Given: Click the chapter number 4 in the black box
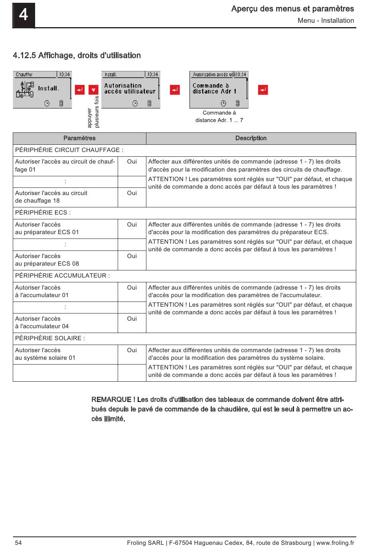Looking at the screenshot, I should coord(24,15).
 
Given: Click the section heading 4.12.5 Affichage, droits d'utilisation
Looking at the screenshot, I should coord(77,55).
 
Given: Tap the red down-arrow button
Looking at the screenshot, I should coord(93,90).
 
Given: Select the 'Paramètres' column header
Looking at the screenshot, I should coord(79,138).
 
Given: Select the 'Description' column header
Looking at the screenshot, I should coord(251,138).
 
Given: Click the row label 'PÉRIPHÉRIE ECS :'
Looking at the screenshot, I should coord(43,213).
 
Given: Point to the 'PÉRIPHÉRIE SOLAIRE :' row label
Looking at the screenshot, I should coord(50,338).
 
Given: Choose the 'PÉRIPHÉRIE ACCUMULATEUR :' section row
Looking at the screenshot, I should coord(63,276).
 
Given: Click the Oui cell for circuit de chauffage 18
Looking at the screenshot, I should coord(132,193).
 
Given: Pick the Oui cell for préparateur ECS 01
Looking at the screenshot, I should coord(132,225).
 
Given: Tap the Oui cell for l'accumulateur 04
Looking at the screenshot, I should coord(132,319).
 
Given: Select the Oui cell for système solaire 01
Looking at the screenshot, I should coord(132,350).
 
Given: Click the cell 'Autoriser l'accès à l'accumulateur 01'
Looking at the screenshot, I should coord(42,292).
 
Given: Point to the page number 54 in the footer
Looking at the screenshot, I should coord(18,543).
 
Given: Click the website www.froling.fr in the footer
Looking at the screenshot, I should coord(335,543).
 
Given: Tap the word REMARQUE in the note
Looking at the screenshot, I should coord(111,400).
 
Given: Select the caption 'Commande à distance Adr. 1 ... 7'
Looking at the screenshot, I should coord(219,116).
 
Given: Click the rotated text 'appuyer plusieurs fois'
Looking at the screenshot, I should coord(93,112).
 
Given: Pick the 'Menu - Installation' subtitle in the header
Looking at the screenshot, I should coord(326,21).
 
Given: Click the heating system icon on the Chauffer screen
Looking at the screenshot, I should coord(25,89).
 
